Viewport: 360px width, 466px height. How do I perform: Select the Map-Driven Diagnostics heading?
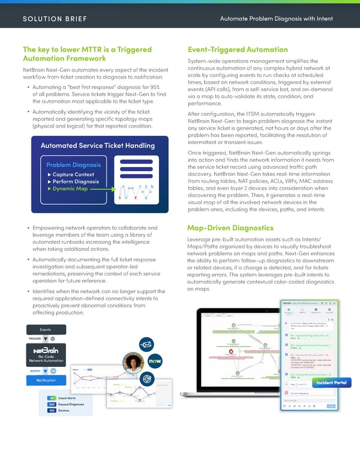click(230, 228)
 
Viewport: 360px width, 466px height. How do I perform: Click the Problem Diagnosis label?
click(73, 165)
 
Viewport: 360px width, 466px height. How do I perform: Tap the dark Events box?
click(45, 330)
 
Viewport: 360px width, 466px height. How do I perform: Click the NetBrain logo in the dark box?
click(45, 352)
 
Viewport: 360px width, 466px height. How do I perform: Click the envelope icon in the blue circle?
click(147, 344)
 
